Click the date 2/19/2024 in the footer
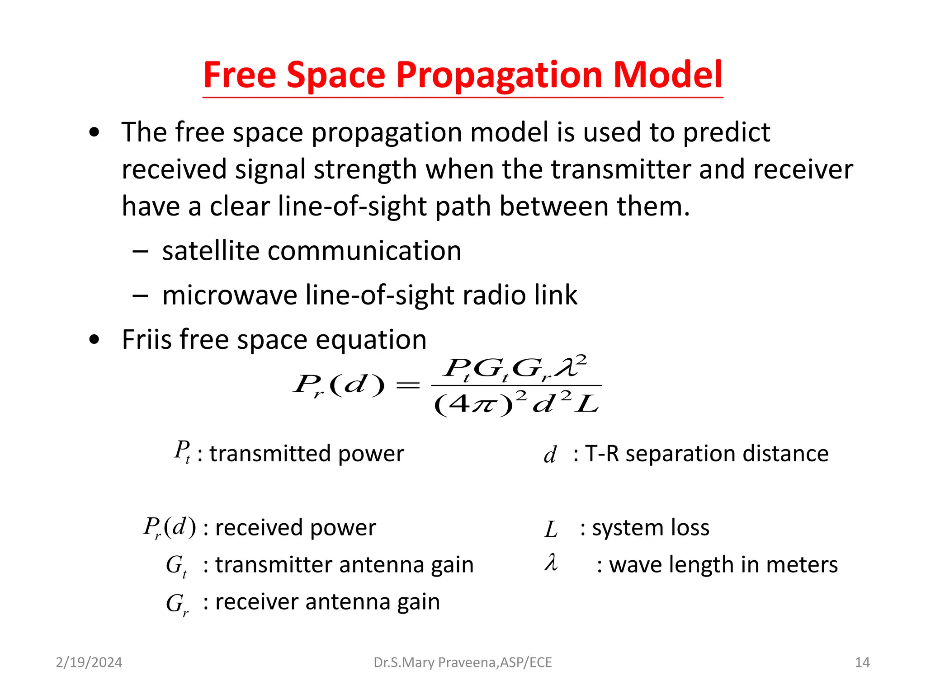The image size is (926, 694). tap(89, 662)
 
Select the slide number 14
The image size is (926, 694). tap(862, 662)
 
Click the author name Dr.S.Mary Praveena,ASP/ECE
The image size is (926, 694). tap(463, 662)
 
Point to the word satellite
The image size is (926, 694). tap(211, 251)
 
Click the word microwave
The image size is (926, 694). tap(230, 295)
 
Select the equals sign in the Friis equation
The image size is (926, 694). tap(408, 385)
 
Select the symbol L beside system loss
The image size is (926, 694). tap(551, 530)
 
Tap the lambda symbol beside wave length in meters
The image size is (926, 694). tap(551, 563)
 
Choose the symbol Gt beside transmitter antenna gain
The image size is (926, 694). tap(176, 566)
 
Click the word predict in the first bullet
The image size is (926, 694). tap(726, 133)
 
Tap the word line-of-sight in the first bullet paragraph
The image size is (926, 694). tap(352, 206)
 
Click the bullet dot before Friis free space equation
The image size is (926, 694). tap(94, 339)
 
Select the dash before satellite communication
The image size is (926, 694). tap(140, 251)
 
